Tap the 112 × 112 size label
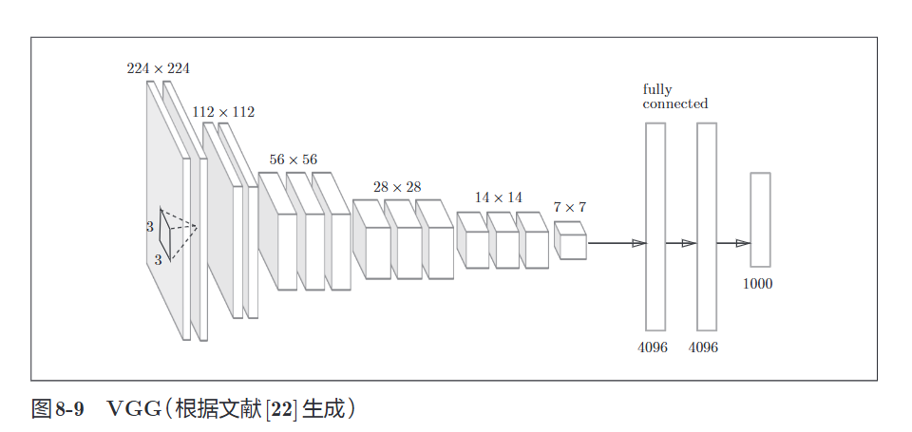223,112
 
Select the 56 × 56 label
293,160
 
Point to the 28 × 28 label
397,187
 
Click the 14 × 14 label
499,197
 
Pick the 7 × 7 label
570,207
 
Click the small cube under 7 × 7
571,241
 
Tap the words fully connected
674,97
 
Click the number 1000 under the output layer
757,283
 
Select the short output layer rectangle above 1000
760,219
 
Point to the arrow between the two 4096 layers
681,243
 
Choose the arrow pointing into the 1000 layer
732,243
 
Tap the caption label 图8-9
58,409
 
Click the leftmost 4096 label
653,347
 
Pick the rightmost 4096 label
703,347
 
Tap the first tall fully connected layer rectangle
655,226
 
